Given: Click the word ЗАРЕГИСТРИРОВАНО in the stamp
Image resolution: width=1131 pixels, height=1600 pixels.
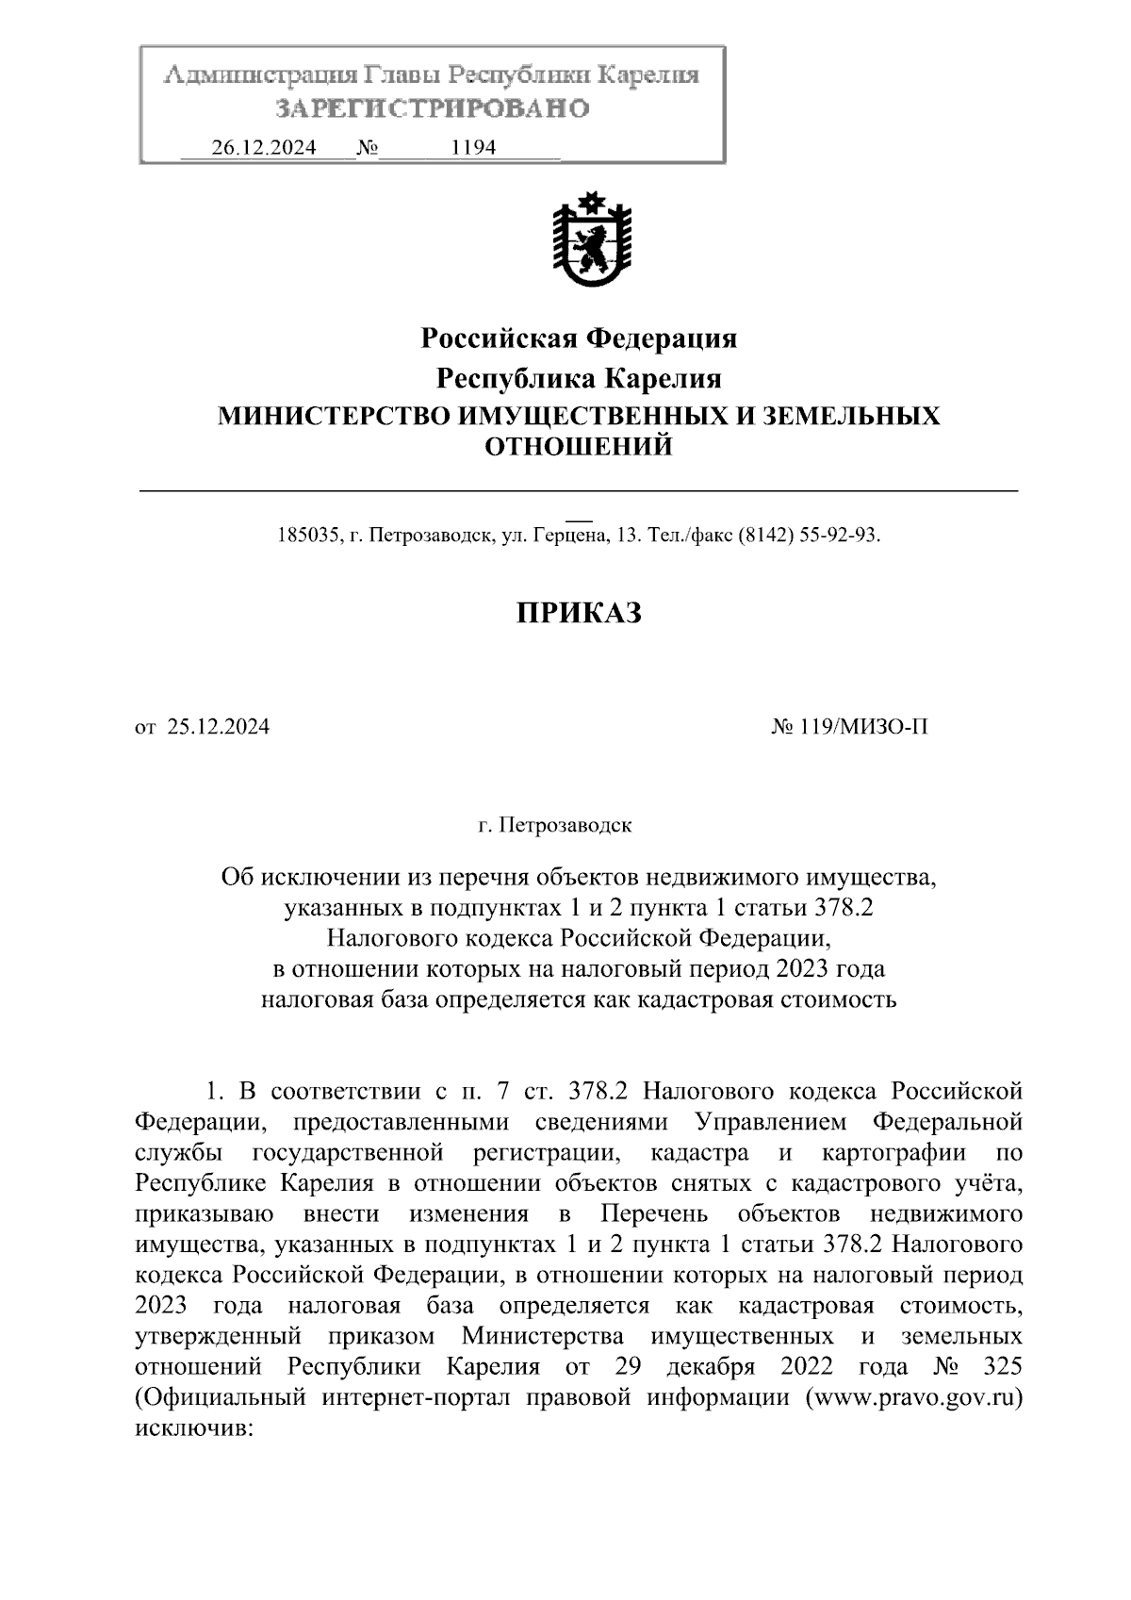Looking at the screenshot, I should click(x=433, y=108).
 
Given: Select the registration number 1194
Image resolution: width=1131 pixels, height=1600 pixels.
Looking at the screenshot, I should click(x=474, y=148).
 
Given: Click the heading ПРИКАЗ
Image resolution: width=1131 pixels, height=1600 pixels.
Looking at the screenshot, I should click(x=579, y=614).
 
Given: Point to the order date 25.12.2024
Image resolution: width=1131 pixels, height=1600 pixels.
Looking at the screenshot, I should click(x=219, y=727).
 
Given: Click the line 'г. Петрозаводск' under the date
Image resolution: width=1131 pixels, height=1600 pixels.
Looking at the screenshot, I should click(x=555, y=826).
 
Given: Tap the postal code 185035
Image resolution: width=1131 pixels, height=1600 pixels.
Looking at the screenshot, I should click(x=306, y=536).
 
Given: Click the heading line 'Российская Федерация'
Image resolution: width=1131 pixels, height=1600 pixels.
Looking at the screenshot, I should click(x=578, y=338).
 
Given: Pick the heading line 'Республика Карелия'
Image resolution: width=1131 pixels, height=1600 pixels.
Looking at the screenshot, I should click(x=578, y=379).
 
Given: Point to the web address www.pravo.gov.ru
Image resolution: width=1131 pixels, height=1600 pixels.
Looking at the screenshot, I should click(x=911, y=1397).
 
